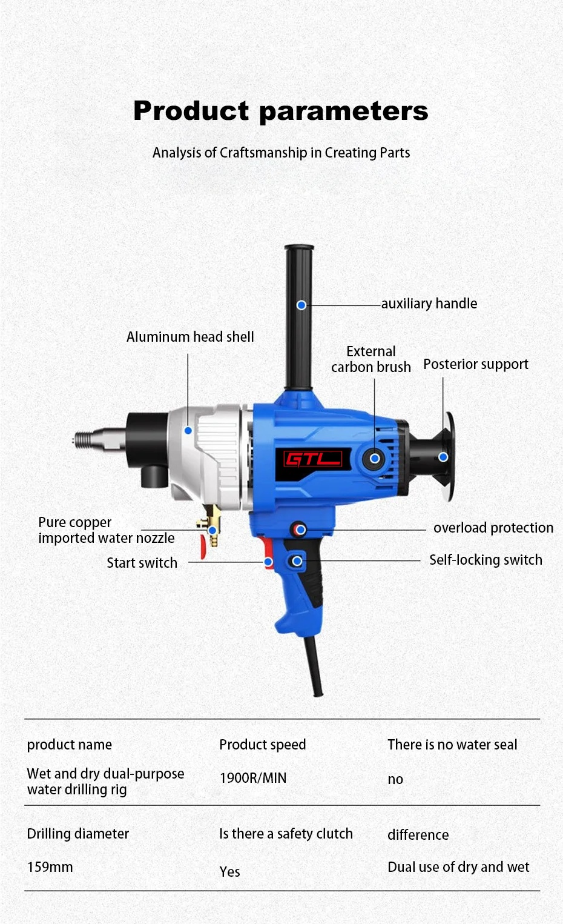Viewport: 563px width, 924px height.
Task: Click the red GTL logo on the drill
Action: pos(313,459)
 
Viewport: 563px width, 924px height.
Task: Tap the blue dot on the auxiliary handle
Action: pos(301,305)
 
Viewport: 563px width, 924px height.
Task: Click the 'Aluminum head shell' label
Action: pos(190,337)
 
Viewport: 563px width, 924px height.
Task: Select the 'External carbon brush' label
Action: pos(371,359)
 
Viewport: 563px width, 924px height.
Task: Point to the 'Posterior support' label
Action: pos(476,364)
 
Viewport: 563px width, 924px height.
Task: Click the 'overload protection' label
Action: pos(493,528)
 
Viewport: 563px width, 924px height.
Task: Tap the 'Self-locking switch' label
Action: pos(486,560)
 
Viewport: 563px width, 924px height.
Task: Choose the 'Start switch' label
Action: pos(142,563)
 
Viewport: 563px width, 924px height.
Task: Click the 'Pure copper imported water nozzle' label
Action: pos(107,530)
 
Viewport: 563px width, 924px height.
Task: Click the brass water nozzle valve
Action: pos(211,526)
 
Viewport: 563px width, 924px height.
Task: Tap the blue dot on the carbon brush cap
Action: pos(375,458)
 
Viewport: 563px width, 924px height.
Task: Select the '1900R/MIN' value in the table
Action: pos(252,778)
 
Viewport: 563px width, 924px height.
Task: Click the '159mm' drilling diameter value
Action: pos(50,867)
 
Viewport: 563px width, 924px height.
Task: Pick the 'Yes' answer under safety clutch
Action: pos(229,872)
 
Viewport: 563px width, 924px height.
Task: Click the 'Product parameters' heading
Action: pos(281,111)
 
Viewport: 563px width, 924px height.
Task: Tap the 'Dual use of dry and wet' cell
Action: pos(458,867)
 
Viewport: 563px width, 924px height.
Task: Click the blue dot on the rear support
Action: pos(443,457)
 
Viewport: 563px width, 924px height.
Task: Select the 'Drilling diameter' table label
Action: pos(78,834)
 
